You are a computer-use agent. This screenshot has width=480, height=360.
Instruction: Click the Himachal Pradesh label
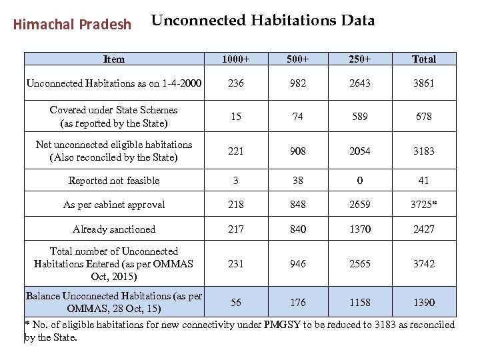coord(72,25)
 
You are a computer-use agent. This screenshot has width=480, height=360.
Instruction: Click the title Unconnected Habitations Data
coord(263,21)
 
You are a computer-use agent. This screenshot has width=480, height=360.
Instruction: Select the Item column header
coord(114,59)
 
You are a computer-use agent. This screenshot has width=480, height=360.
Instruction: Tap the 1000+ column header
coord(236,59)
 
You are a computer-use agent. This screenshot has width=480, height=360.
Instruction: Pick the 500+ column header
coord(298,59)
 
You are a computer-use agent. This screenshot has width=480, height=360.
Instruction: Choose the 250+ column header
coord(360,59)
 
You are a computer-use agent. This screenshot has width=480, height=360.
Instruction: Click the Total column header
coord(424,59)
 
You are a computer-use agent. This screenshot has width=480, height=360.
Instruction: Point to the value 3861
coord(424,83)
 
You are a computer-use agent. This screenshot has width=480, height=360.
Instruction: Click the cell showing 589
coord(360,117)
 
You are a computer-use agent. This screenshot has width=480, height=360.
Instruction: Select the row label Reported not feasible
coord(114,181)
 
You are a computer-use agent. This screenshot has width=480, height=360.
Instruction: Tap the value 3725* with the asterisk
coord(424,205)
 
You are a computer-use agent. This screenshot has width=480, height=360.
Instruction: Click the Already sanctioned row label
coord(114,229)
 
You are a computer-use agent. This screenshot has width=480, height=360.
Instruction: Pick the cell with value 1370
coord(360,229)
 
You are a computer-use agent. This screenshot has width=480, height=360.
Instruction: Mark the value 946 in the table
coord(298,264)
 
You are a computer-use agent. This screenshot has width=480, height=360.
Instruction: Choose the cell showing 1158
coord(360,302)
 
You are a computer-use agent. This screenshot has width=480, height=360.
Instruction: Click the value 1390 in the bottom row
coord(424,302)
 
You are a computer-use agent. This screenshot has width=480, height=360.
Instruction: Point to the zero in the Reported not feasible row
coord(360,181)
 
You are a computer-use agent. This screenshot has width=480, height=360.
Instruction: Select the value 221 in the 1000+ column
coord(236,151)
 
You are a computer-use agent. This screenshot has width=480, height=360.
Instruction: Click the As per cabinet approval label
coord(114,205)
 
